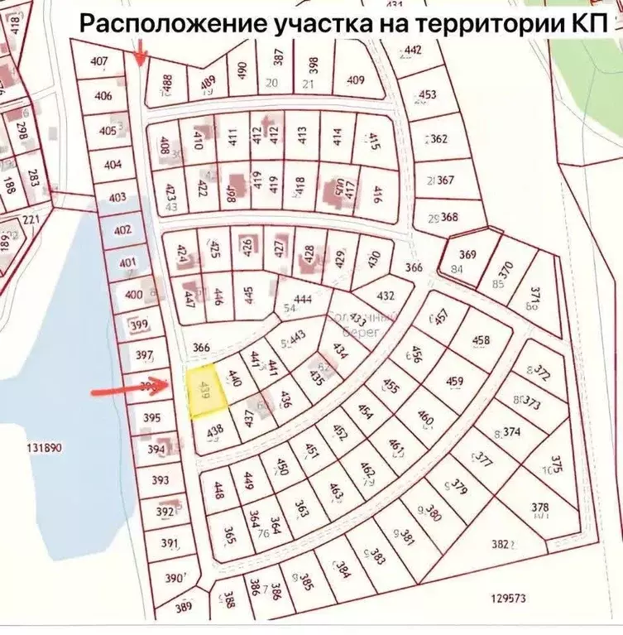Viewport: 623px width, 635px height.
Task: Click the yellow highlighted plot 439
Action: pyautogui.click(x=203, y=392)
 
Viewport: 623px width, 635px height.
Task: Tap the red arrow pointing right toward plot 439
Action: pyautogui.click(x=132, y=387)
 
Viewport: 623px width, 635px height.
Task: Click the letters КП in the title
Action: pyautogui.click(x=591, y=24)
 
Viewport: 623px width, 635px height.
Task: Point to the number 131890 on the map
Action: pyautogui.click(x=45, y=448)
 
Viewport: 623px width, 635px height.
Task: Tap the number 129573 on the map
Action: pyautogui.click(x=508, y=598)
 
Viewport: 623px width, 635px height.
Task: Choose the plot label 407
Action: pyautogui.click(x=100, y=60)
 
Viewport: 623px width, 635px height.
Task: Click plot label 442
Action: pyautogui.click(x=414, y=51)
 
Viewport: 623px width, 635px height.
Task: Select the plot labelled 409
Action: pyautogui.click(x=356, y=80)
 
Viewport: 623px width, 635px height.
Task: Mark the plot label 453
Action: pyautogui.click(x=427, y=94)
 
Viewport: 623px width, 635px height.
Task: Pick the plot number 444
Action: pyautogui.click(x=303, y=299)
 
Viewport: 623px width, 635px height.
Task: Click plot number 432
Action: pyautogui.click(x=386, y=296)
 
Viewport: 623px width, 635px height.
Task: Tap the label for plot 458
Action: pyautogui.click(x=481, y=339)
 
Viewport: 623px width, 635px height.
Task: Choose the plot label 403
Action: pyautogui.click(x=117, y=197)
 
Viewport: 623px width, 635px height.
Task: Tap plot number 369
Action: pyautogui.click(x=468, y=254)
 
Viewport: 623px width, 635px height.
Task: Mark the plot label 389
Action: pyautogui.click(x=184, y=607)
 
